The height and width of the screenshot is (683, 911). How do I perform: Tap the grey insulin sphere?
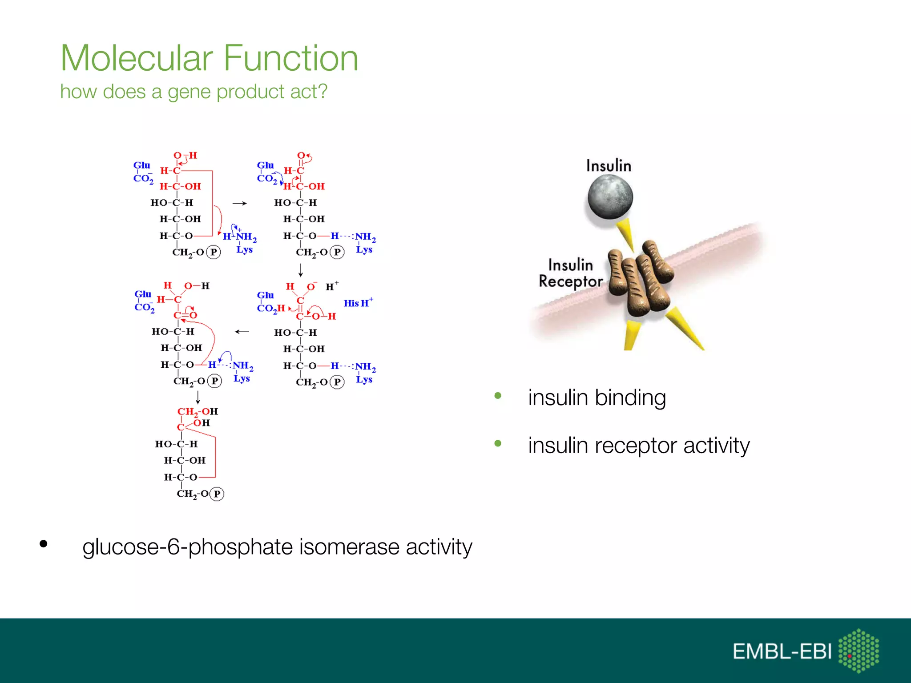tap(610, 196)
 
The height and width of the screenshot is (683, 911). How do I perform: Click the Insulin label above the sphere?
tap(608, 166)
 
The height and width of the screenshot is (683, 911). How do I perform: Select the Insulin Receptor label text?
tap(570, 273)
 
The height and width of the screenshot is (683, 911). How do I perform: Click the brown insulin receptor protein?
tap(641, 278)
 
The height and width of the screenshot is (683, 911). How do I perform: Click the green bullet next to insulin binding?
tap(498, 396)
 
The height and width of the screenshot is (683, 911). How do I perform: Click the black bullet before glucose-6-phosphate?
tap(43, 543)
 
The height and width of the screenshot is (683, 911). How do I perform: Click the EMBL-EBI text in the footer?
tap(782, 651)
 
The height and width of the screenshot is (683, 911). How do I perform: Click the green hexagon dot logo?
tap(858, 651)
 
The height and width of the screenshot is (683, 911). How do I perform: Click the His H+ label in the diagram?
tap(358, 303)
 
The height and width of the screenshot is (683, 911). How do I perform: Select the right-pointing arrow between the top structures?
tap(239, 203)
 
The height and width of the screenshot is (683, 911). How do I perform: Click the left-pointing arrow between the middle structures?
tap(242, 332)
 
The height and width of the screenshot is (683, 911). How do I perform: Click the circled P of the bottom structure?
tap(217, 494)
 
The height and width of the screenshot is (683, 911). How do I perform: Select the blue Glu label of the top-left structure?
tap(141, 165)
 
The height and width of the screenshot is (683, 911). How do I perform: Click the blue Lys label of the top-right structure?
tap(364, 250)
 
